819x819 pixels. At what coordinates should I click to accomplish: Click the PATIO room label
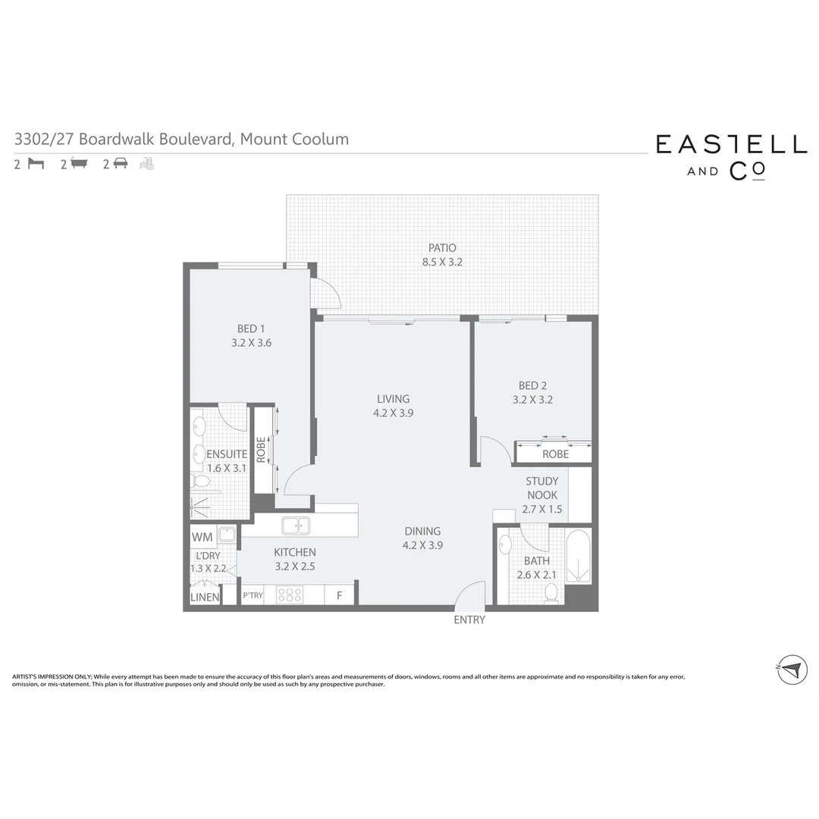(x=442, y=248)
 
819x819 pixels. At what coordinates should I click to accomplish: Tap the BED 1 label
(x=251, y=328)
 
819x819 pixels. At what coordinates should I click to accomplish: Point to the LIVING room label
(x=393, y=399)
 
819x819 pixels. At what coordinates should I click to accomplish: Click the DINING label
(x=422, y=532)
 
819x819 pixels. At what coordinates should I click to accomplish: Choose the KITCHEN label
(x=295, y=552)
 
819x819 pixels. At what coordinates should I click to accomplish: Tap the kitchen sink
(x=294, y=526)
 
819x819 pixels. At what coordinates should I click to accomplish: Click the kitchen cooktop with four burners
(x=289, y=595)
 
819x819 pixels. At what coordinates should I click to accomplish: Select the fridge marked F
(x=340, y=595)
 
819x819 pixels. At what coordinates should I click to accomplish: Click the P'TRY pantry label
(x=253, y=595)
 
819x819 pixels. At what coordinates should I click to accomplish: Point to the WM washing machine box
(x=202, y=537)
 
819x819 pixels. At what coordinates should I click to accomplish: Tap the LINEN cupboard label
(x=205, y=597)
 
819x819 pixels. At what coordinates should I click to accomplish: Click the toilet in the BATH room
(x=551, y=592)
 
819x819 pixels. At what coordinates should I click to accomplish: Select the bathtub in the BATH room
(x=579, y=557)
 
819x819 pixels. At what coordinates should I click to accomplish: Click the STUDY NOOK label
(x=542, y=488)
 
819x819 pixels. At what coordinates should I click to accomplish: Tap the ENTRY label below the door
(x=469, y=620)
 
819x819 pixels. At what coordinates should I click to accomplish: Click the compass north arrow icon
(x=791, y=670)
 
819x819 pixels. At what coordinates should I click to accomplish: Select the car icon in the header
(x=120, y=163)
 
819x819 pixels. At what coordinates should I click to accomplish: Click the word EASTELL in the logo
(x=731, y=144)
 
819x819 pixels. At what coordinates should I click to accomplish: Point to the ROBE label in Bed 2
(x=555, y=454)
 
